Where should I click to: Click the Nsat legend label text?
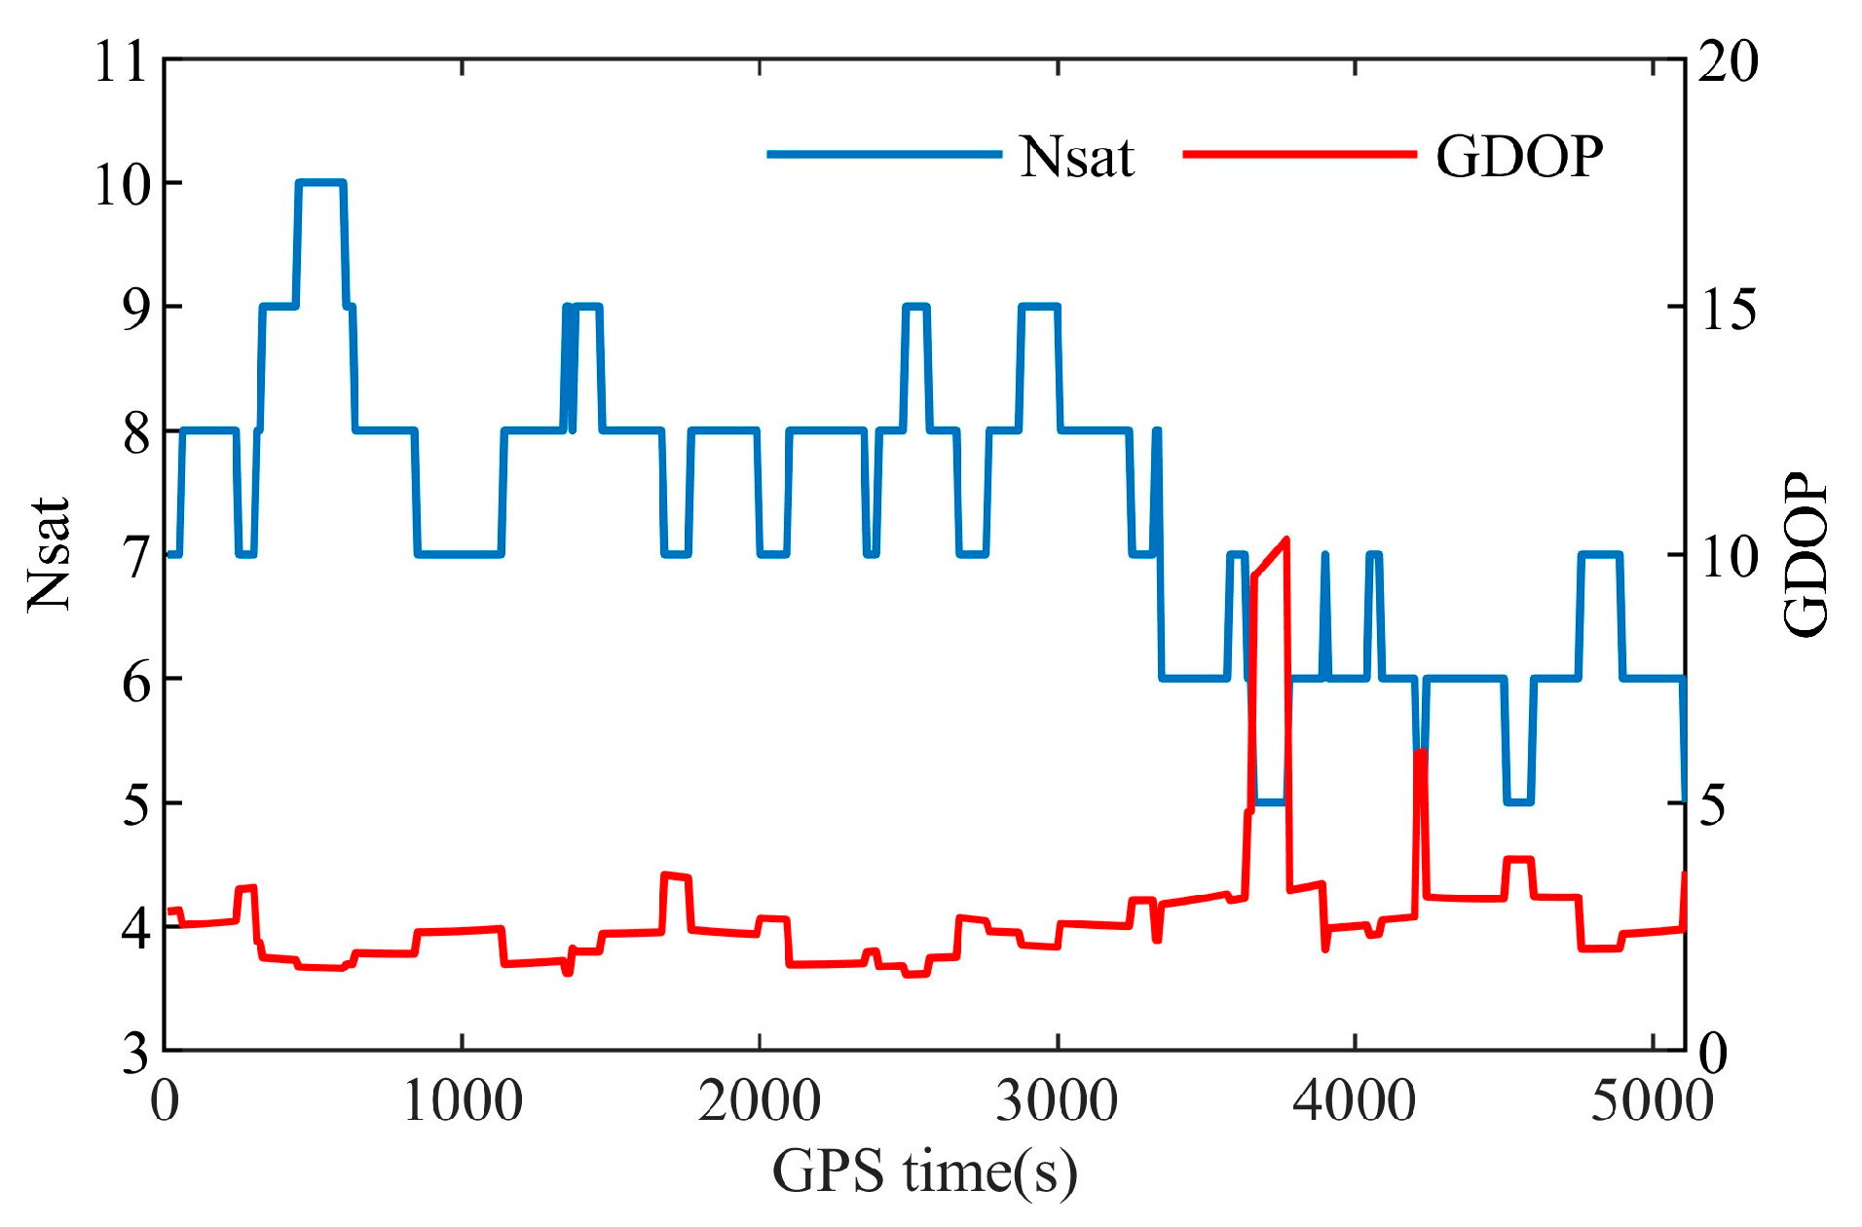[1076, 157]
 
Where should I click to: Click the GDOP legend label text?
[1519, 156]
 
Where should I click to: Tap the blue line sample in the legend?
[884, 154]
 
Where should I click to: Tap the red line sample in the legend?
[1299, 154]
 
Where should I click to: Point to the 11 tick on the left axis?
[121, 61]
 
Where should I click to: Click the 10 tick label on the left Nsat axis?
[121, 184]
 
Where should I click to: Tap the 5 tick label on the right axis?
[1713, 804]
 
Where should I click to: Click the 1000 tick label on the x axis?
[463, 1101]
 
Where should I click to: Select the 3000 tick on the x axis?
[1058, 1101]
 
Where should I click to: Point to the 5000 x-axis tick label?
[1652, 1101]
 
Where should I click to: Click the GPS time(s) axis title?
[925, 1171]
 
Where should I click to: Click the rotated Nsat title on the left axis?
[49, 555]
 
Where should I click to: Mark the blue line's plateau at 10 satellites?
[320, 182]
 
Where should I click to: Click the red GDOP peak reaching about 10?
[1286, 539]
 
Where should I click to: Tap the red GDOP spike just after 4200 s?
[1420, 753]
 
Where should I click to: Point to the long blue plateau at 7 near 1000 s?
[459, 554]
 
